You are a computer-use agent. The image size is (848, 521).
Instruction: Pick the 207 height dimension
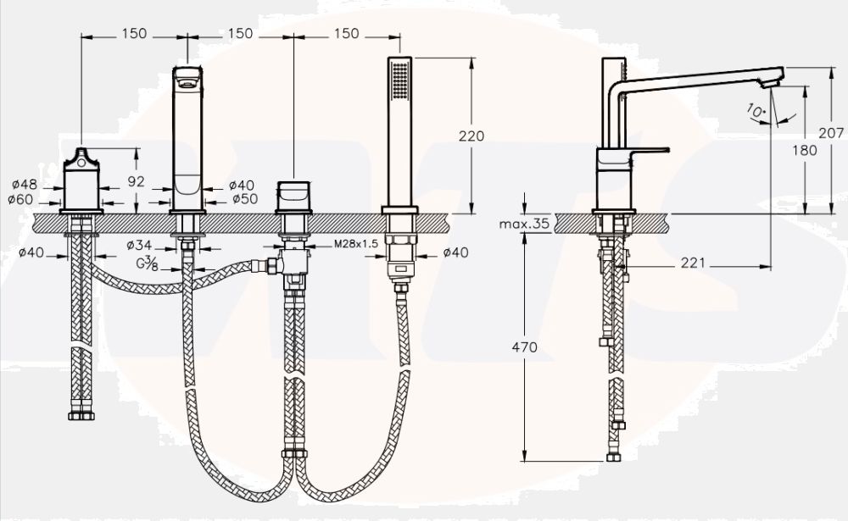(833, 133)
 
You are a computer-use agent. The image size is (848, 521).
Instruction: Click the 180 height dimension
(806, 150)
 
